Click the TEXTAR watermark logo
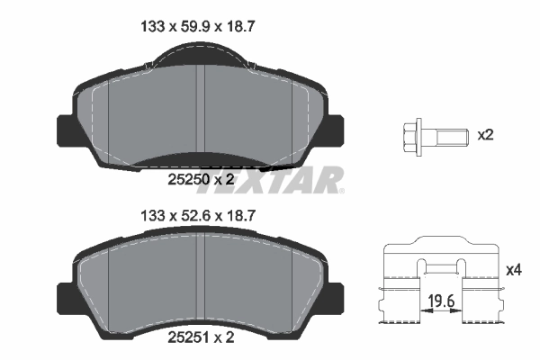point(270,180)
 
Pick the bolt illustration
point(432,137)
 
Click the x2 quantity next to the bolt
point(485,136)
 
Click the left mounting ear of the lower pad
point(66,297)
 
